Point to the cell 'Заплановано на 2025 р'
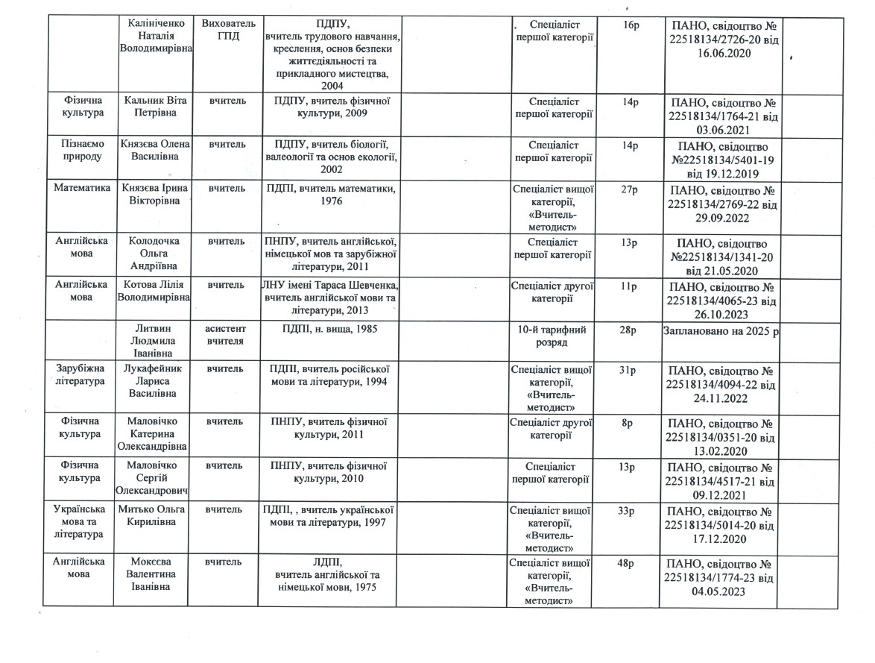tap(721, 330)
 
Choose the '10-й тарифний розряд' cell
tap(552, 335)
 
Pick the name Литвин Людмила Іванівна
tap(154, 341)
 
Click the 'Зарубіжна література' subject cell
tap(80, 376)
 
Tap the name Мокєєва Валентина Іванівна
tap(154, 574)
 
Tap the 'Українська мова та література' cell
tap(80, 522)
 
